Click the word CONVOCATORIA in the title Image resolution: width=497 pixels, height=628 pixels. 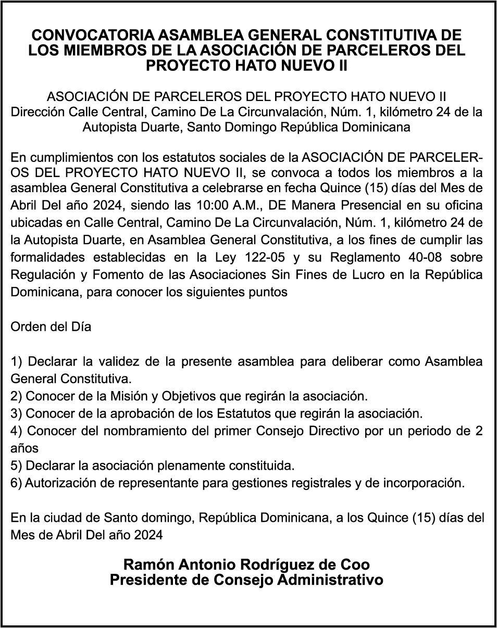click(93, 35)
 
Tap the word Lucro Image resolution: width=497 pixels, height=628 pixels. click(372, 274)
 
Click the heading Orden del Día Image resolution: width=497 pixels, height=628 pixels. click(51, 327)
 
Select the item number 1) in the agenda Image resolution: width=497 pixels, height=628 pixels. click(16, 361)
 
